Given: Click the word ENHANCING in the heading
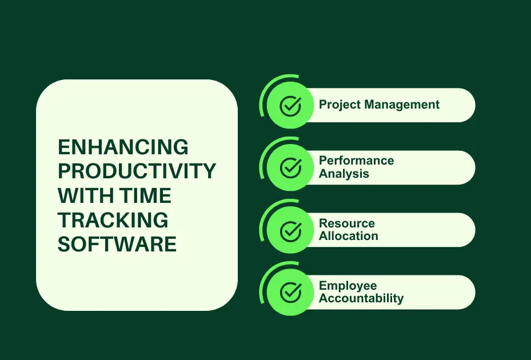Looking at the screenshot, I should coord(123,147).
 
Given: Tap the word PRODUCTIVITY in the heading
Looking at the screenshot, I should coord(137,171).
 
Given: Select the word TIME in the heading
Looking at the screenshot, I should coord(145,196).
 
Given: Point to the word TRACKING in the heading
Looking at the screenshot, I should coord(113,220).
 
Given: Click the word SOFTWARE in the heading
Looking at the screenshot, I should coord(117,244).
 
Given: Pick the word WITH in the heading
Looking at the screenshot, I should coord(85,196).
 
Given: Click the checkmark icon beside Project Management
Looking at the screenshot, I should coord(290,105).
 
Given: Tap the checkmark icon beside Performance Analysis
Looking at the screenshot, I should coord(290,167).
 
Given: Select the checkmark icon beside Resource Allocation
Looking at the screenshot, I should coord(290,230).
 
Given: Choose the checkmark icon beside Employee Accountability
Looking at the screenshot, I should coord(290,293).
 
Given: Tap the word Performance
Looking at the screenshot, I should coord(356,161).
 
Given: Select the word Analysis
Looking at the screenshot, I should coord(344,174).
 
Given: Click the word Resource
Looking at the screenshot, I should coord(347,223).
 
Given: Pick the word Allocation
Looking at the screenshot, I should coord(348,236).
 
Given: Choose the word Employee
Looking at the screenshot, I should coord(348,286).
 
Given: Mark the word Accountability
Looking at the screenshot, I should coord(361,298).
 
